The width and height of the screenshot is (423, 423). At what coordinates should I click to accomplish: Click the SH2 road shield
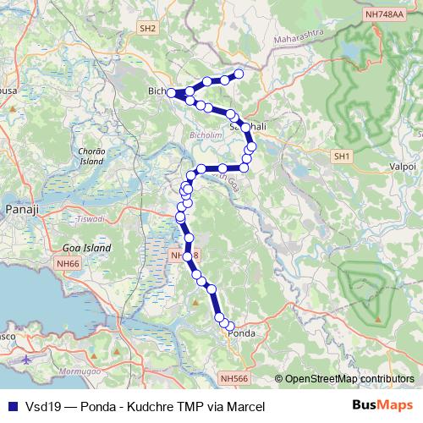tap(149, 28)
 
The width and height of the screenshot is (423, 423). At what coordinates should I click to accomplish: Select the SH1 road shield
tap(342, 157)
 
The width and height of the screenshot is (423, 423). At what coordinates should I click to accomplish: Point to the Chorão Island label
tap(90, 156)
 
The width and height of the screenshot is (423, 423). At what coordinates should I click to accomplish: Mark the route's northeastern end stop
tap(239, 74)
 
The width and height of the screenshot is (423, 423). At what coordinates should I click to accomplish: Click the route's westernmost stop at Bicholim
tap(172, 92)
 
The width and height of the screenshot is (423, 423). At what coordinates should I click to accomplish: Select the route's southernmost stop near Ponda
tap(229, 325)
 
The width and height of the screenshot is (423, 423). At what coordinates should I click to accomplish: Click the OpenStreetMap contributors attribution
tap(349, 380)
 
